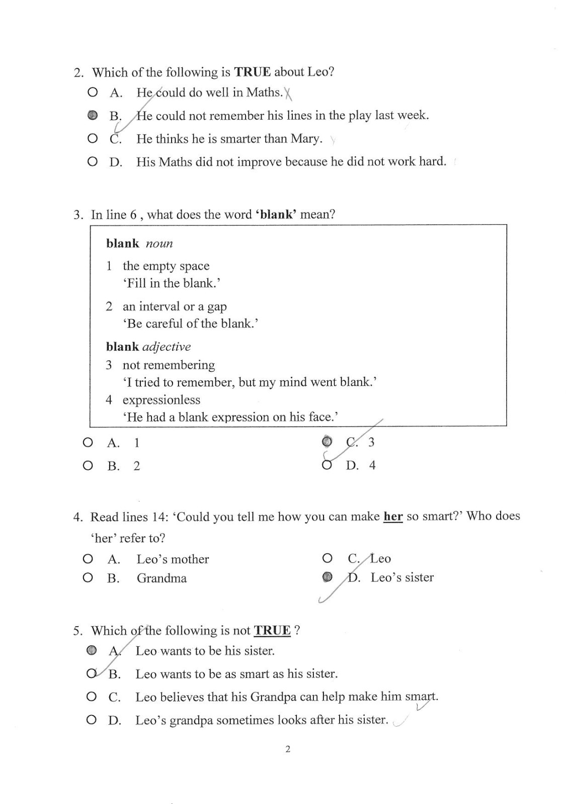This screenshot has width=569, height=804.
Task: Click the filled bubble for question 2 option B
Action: [x=92, y=116]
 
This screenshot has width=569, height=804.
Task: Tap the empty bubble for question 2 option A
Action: [x=92, y=92]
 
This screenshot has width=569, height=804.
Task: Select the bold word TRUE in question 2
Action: [x=252, y=72]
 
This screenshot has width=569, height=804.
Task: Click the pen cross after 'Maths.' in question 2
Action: [x=288, y=93]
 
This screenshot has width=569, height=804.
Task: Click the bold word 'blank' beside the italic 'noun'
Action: [x=122, y=244]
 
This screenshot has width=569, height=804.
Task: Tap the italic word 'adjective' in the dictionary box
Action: [x=167, y=347]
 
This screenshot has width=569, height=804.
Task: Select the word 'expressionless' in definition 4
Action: [x=161, y=400]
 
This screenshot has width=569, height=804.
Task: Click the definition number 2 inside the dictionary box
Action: [x=109, y=307]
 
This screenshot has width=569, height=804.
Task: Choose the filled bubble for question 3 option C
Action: [x=327, y=442]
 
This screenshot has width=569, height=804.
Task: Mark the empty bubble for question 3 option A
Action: [x=88, y=443]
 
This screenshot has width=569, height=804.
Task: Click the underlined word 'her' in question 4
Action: [x=393, y=517]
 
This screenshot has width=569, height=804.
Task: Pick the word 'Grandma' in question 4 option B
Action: [x=161, y=578]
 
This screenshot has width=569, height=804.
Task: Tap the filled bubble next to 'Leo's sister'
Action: [x=327, y=577]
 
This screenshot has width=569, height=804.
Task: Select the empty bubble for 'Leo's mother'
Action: [x=88, y=559]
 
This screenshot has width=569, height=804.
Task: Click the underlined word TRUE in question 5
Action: [x=272, y=631]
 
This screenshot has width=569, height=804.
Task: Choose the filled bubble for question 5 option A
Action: [x=91, y=651]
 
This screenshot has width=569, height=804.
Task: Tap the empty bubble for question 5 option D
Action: [x=91, y=720]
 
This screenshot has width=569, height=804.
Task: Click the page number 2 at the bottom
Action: [x=288, y=749]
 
